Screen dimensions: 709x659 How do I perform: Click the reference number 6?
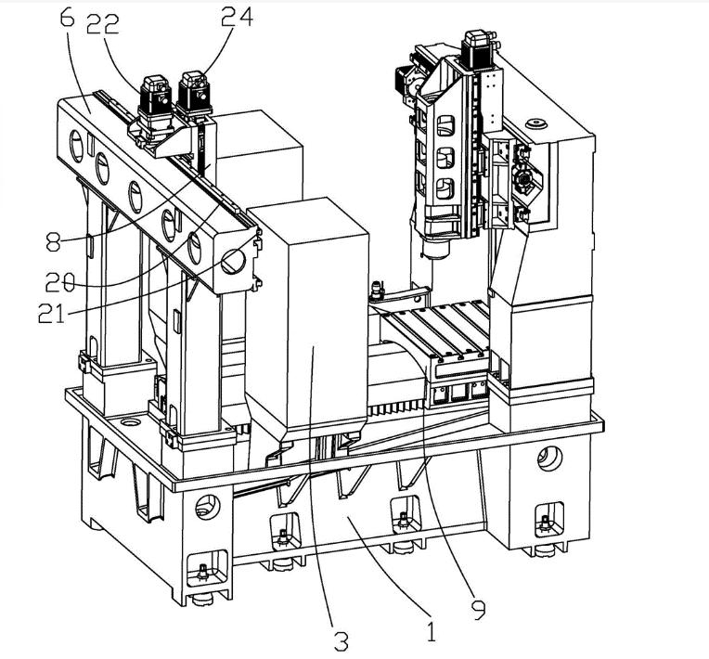point(67,15)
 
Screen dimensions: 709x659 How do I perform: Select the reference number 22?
point(103,24)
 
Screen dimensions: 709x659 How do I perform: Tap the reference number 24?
point(237,18)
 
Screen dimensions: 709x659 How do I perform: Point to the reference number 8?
point(53,241)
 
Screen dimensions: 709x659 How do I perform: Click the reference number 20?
point(60,283)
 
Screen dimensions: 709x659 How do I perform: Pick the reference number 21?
point(52,313)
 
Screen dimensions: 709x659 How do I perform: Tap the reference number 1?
point(431,631)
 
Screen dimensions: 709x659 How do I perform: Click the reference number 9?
point(478,608)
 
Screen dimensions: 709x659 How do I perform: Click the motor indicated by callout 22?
point(156,97)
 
